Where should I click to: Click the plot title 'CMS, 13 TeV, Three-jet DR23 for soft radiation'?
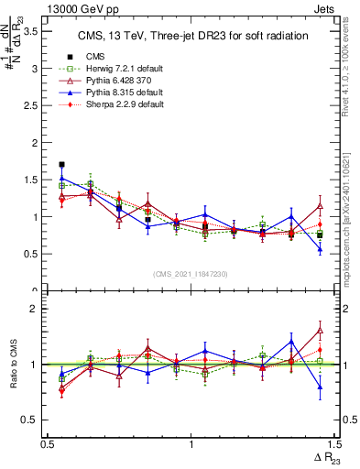(x=191, y=36)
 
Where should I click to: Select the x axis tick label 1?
(x=191, y=445)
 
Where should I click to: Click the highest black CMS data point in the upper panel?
(x=61, y=165)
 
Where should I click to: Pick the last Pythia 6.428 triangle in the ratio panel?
(x=320, y=330)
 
